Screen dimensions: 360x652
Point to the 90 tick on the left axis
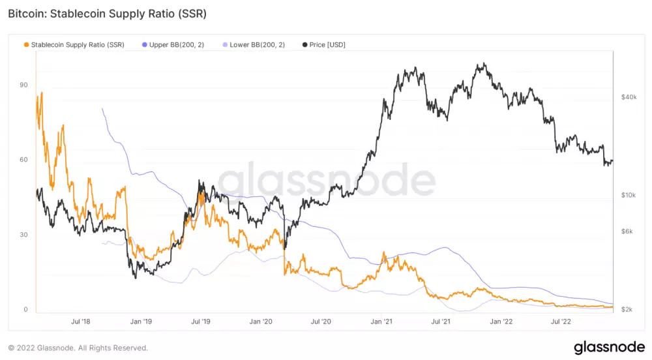point(23,85)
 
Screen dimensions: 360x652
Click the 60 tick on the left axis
point(23,160)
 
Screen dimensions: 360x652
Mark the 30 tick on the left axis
point(23,235)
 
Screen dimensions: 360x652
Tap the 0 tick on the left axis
point(25,310)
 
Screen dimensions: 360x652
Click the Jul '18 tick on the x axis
point(80,322)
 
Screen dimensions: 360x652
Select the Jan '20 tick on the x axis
point(261,322)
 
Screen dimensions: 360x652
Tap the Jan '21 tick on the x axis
point(381,322)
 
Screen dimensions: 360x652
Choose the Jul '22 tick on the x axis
point(561,322)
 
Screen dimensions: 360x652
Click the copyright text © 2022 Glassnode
point(78,348)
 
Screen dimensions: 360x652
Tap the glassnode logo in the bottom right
point(609,348)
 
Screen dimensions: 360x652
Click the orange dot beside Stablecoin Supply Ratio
point(26,44)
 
